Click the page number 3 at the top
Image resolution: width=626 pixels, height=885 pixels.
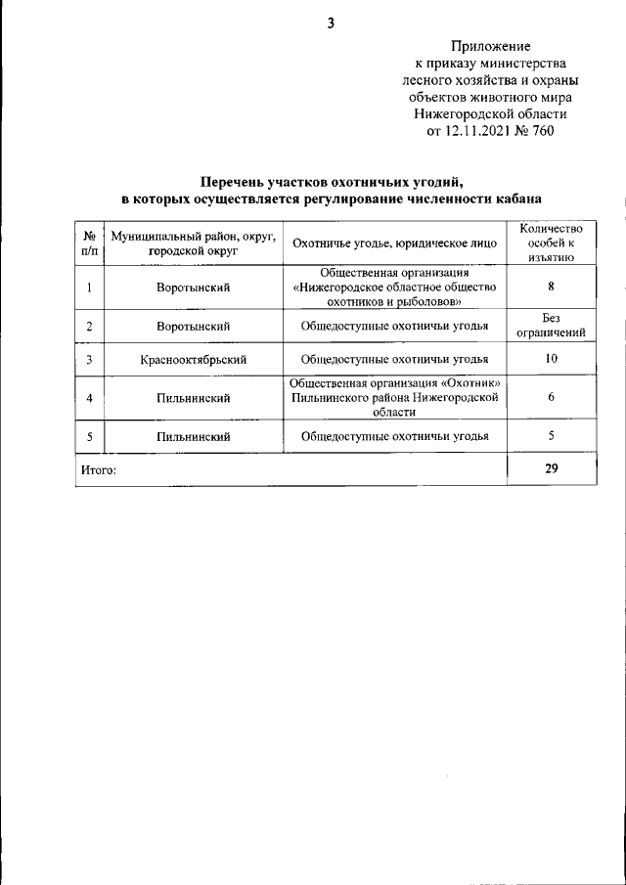[x=331, y=23]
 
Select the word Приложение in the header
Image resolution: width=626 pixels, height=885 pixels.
[x=490, y=46]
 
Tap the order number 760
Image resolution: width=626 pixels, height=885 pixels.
[x=542, y=132]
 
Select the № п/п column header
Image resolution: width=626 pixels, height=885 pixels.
[x=89, y=243]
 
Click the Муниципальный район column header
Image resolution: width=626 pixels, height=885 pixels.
[x=194, y=243]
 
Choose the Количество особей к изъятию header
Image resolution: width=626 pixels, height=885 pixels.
[x=551, y=243]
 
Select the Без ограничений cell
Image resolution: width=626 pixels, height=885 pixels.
[x=551, y=326]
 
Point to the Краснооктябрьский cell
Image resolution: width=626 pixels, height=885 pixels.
[x=194, y=360]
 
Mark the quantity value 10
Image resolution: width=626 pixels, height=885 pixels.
[x=551, y=359]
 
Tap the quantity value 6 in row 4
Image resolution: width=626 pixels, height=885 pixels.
[x=551, y=398]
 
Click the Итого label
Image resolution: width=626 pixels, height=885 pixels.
[x=99, y=470]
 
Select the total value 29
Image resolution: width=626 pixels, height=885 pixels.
[x=551, y=469]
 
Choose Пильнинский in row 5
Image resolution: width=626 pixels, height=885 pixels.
[x=194, y=437]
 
